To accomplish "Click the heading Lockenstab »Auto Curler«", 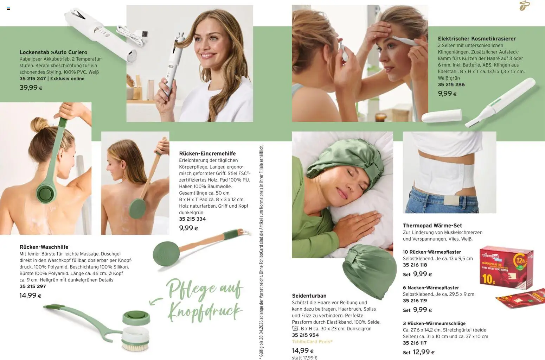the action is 53,52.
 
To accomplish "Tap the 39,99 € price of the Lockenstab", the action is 31,88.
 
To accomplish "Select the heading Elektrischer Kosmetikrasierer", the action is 477,38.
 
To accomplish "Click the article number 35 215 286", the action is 451,84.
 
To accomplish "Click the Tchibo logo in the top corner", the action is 524,5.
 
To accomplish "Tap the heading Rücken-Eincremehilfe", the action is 207,153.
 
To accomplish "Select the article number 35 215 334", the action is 192,219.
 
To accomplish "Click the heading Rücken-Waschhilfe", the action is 44,247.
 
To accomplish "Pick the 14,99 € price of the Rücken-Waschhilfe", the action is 30,296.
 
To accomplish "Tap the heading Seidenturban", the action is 309,296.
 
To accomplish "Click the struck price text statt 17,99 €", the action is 304,358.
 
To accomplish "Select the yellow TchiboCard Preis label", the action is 312,341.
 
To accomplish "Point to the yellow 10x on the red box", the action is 488,279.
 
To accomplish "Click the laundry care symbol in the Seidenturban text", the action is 295,329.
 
